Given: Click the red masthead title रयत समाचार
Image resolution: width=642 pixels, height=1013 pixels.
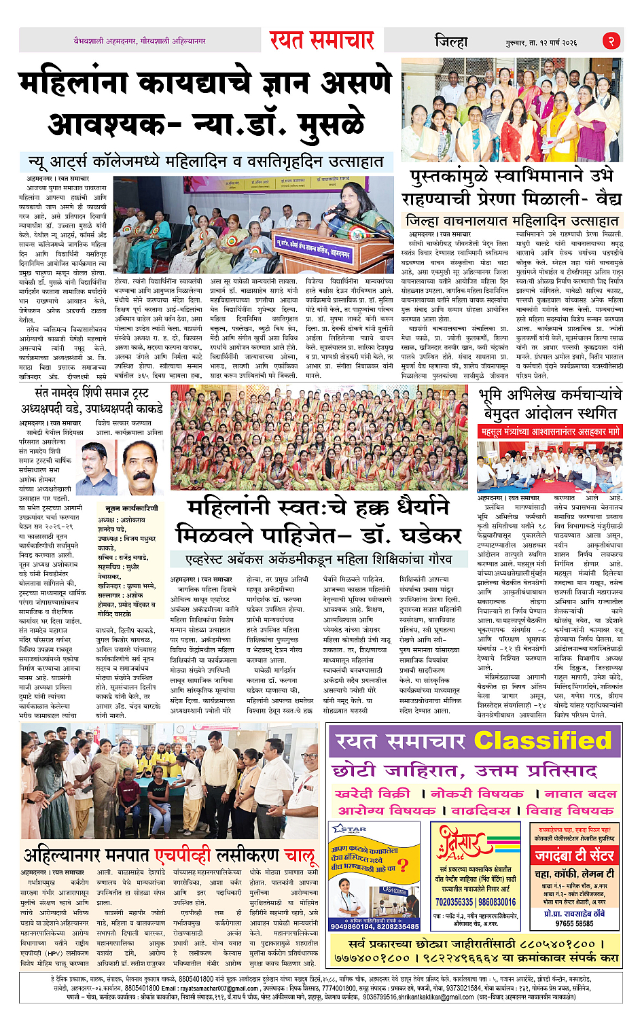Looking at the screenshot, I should (321, 41).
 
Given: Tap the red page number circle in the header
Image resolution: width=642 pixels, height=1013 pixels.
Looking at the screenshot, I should (611, 41).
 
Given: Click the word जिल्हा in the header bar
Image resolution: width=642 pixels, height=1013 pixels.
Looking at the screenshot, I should (451, 41).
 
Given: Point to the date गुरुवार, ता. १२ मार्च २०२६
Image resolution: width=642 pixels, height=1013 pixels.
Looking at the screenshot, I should (541, 43).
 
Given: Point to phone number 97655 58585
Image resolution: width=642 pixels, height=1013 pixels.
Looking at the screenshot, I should (574, 923).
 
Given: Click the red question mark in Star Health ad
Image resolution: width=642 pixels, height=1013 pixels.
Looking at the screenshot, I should (403, 865).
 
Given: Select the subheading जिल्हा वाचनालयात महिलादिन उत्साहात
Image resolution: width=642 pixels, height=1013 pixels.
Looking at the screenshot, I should (512, 221).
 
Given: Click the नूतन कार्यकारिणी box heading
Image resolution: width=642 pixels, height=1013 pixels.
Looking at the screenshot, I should (131, 508).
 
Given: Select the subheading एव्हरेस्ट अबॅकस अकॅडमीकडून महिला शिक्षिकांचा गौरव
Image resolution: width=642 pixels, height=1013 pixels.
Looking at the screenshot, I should (319, 559).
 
